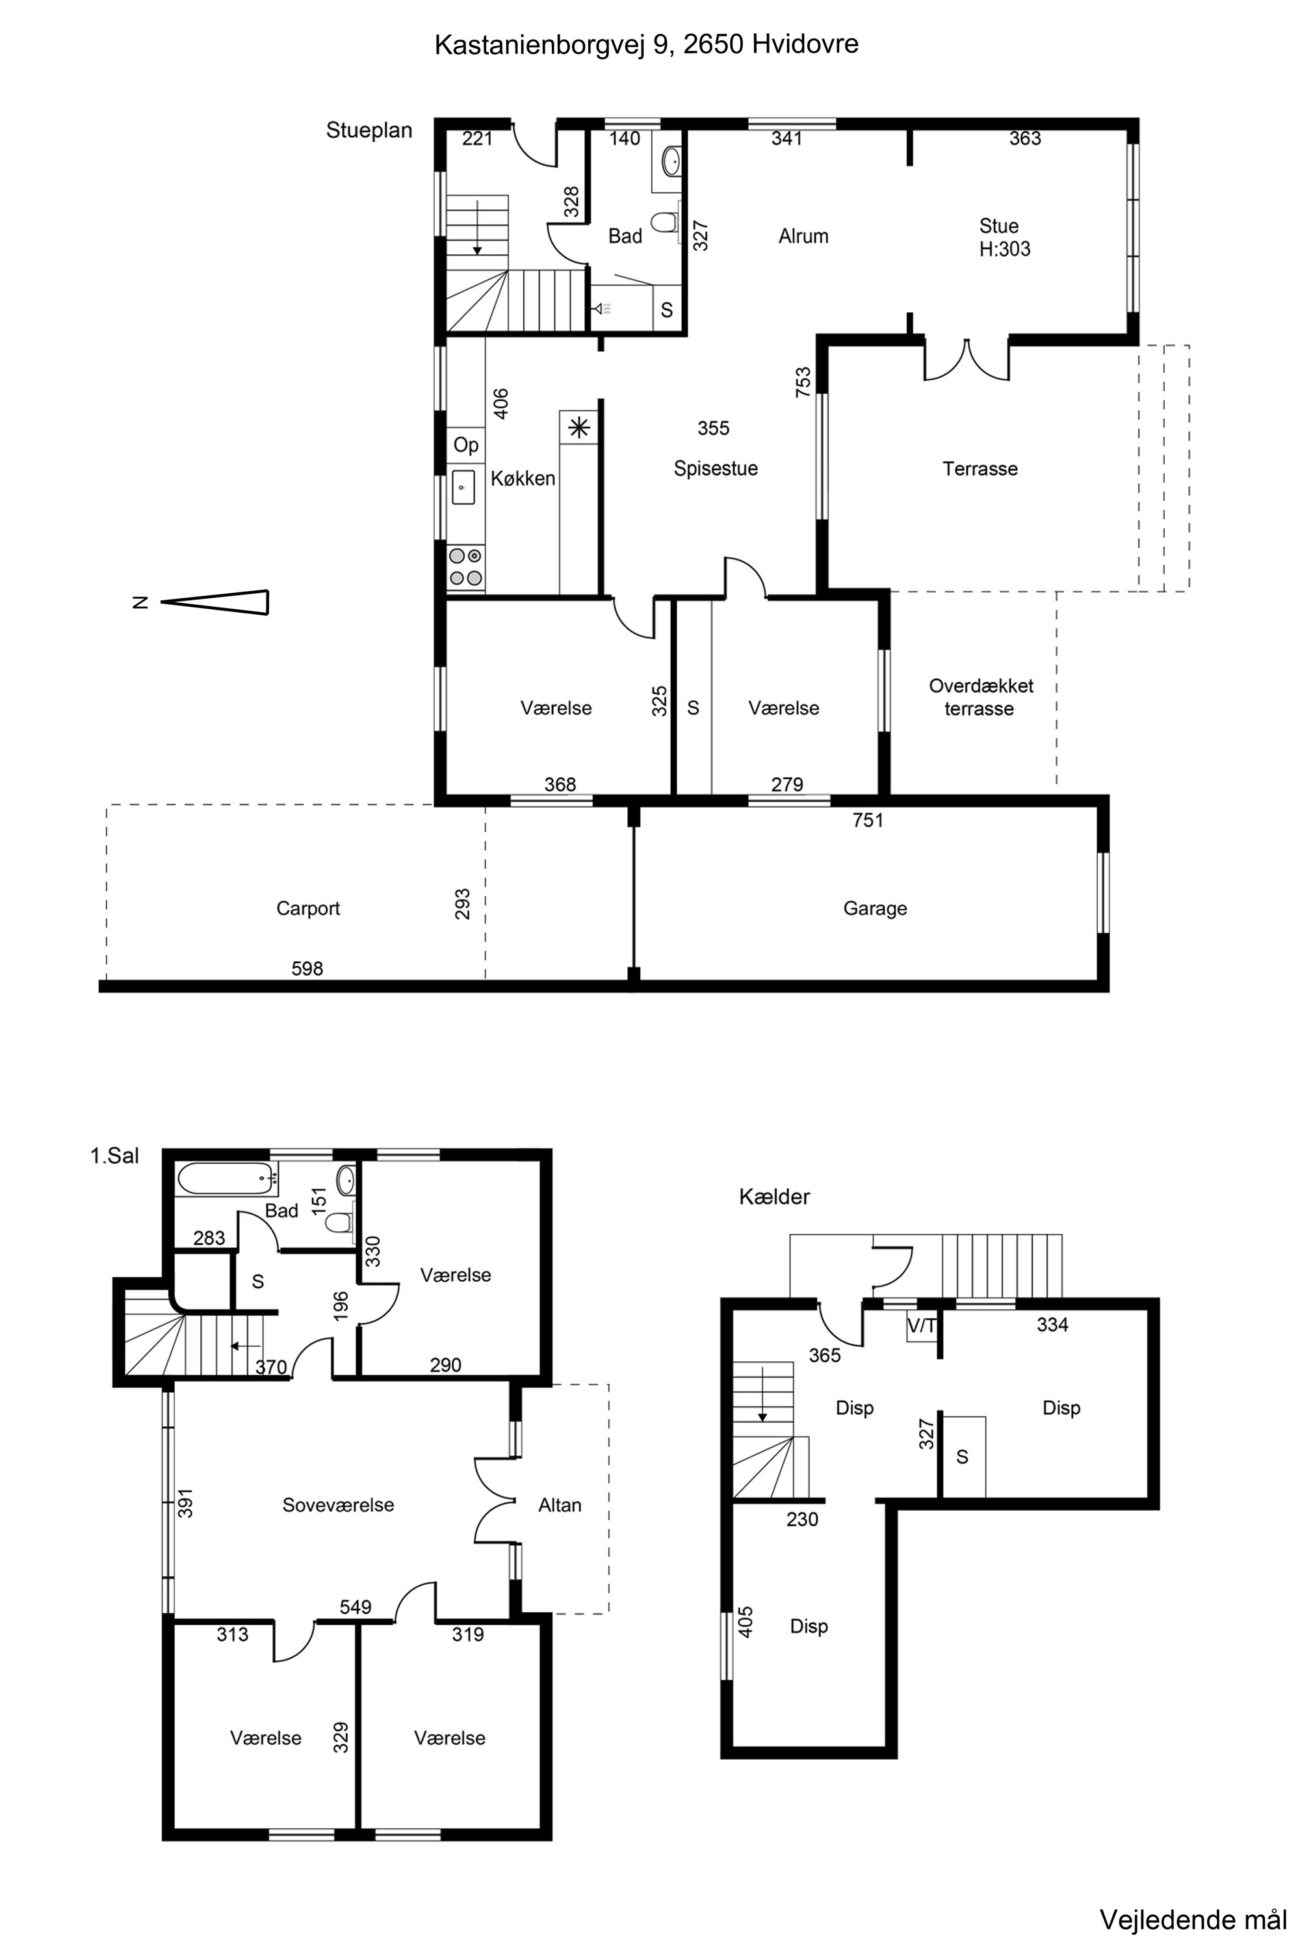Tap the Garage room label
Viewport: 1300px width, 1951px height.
pos(875,909)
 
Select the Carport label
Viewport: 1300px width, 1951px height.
pos(308,909)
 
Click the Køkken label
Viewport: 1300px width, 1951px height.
pos(523,478)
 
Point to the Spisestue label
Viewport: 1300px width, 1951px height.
pos(716,469)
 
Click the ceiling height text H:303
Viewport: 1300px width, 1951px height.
pos(1005,249)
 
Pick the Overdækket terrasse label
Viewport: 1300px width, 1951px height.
pos(981,697)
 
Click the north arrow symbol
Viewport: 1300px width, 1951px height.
pos(214,602)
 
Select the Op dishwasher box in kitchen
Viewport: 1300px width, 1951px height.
pos(466,445)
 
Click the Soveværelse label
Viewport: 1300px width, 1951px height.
pos(338,1505)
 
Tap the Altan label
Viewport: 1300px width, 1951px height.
pos(560,1505)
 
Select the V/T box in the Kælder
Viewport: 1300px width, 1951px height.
pos(921,1327)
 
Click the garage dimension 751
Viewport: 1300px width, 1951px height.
pos(868,820)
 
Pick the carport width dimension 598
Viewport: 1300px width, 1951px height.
pos(307,968)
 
